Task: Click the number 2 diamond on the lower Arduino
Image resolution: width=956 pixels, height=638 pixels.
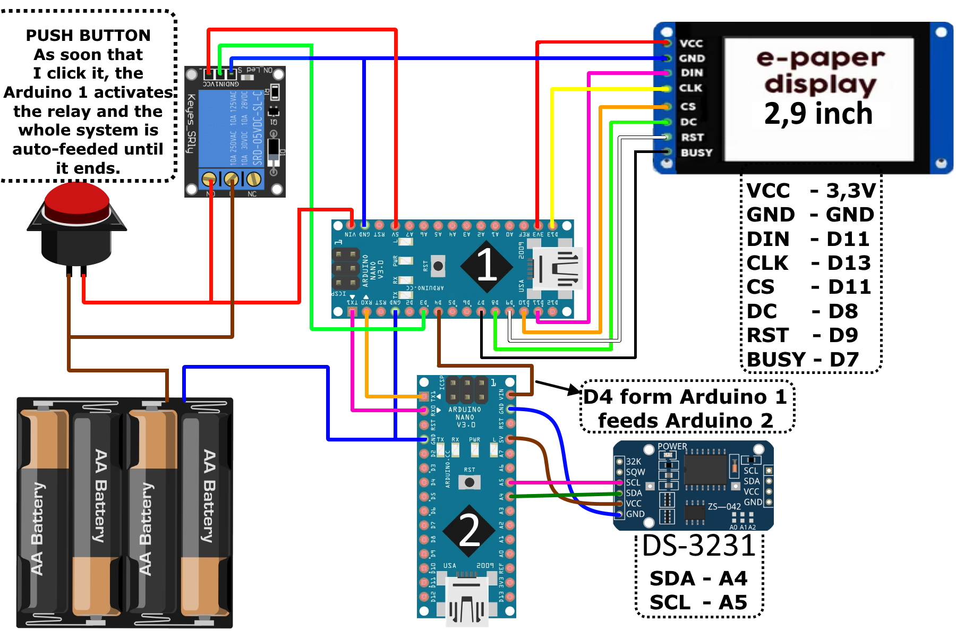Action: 469,530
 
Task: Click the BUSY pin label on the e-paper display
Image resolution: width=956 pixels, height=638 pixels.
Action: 696,153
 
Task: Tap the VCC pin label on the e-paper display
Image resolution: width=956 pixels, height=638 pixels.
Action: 691,44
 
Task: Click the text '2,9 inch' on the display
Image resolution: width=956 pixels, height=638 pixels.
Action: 818,114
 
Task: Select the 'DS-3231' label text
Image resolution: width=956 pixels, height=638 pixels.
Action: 698,546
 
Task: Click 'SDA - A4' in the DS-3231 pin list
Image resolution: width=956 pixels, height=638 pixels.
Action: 698,579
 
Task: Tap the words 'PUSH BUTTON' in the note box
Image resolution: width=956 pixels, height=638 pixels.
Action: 88,36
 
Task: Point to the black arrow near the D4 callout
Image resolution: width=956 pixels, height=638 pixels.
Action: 558,387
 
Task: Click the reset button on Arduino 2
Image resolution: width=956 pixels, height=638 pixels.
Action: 470,482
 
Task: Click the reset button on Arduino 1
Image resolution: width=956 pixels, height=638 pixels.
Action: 438,266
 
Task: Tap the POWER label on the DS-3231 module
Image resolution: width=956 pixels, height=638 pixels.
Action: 672,447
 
